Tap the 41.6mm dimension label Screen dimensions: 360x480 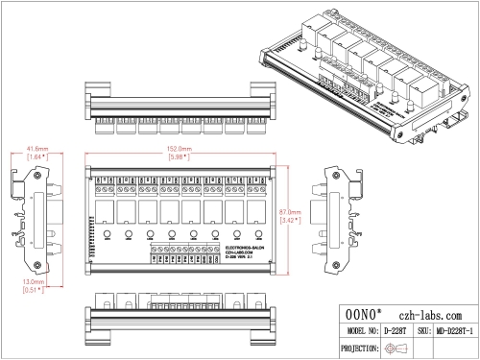[37, 149]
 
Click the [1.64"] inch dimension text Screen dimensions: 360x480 [37, 157]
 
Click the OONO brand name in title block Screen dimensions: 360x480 [364, 315]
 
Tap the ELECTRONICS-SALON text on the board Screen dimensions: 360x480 [179, 247]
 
